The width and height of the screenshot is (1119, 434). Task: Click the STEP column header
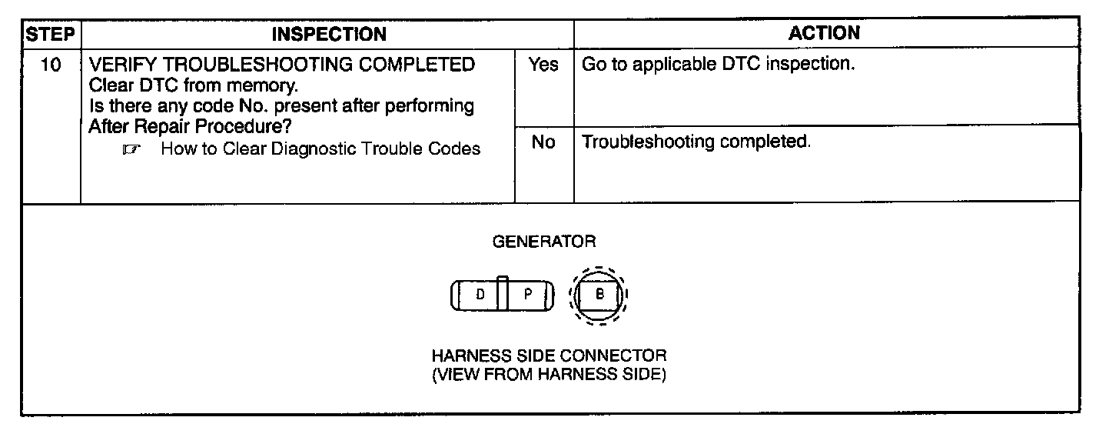[x=51, y=34]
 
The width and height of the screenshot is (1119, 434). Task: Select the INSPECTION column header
[x=329, y=34]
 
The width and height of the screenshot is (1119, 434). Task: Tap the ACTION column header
[x=825, y=33]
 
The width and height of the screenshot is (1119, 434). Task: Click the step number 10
[x=51, y=65]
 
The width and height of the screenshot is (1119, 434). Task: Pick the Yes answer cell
[x=543, y=65]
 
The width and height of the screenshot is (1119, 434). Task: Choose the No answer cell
[x=543, y=143]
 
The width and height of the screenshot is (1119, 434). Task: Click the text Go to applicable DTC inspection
[x=718, y=65]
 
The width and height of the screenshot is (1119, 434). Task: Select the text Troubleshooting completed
[x=696, y=142]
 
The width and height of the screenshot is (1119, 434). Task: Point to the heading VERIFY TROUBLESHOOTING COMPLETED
[x=282, y=65]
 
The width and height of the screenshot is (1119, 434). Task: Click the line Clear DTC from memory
[x=193, y=85]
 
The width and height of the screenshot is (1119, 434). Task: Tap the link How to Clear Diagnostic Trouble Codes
[x=320, y=149]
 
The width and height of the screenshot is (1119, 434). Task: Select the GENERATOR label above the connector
[x=543, y=242]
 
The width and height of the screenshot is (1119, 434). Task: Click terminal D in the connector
[x=480, y=295]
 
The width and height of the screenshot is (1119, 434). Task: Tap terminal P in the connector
[x=528, y=295]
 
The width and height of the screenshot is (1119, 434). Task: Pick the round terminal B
[x=599, y=295]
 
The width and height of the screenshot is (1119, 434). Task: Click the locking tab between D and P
[x=502, y=292]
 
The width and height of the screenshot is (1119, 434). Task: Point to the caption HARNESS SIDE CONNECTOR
[x=549, y=356]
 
